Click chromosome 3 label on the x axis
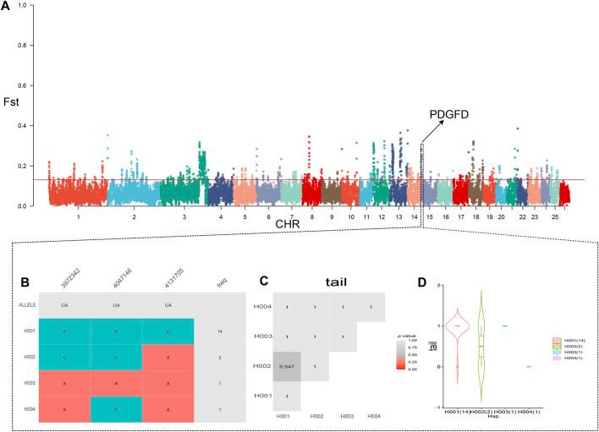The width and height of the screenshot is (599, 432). [184, 217]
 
